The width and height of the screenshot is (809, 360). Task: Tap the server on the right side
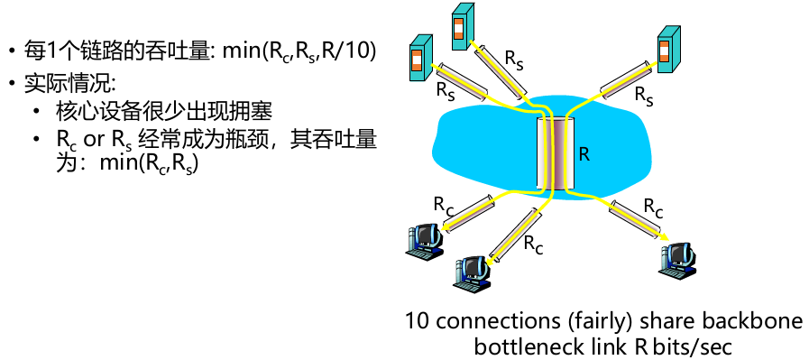[x=668, y=51]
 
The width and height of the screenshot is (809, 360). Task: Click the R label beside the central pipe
[x=584, y=153]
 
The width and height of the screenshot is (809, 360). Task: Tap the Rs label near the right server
[x=644, y=94]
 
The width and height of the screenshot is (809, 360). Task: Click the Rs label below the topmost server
[x=513, y=60]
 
